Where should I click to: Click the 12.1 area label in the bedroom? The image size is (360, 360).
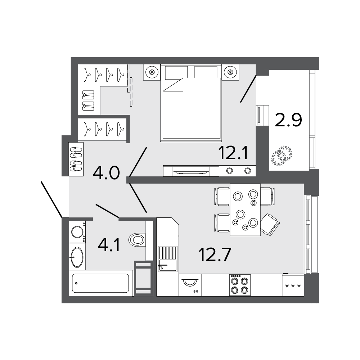click(233, 154)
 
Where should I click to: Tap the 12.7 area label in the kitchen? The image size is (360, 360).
click(214, 255)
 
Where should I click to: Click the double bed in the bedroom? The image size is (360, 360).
click(191, 104)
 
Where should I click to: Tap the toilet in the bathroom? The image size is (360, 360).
click(138, 239)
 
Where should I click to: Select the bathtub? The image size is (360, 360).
click(101, 283)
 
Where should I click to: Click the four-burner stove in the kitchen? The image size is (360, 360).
click(240, 285)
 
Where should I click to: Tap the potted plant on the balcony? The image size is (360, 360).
click(282, 156)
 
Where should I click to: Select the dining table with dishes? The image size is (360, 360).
click(245, 210)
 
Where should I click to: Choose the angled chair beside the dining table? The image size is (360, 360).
click(270, 224)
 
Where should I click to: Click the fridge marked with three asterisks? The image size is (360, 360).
click(293, 285)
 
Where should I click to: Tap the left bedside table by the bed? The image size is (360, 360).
click(152, 72)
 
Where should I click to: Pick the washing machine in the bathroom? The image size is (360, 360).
click(77, 231)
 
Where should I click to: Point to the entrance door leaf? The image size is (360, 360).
click(51, 199)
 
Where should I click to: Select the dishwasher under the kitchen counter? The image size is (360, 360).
click(190, 285)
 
